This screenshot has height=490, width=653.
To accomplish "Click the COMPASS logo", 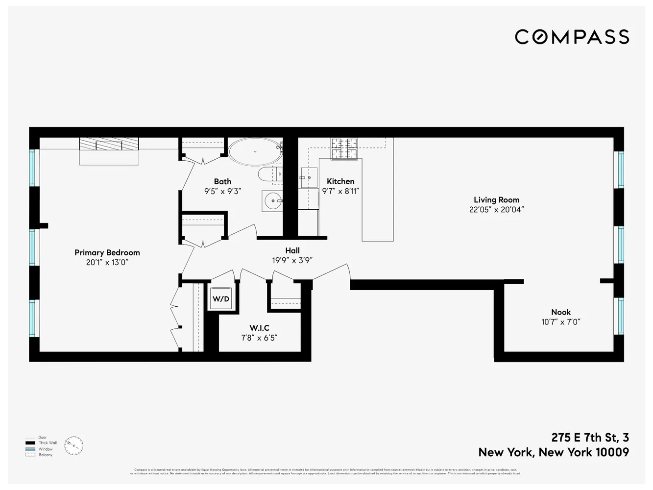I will tap(572, 37).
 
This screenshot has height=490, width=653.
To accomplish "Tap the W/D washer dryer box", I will tap(221, 299).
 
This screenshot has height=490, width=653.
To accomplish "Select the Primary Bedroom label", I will tap(107, 253).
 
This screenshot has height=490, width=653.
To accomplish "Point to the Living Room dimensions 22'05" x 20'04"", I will tap(496, 210).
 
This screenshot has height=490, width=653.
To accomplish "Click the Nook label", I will tap(561, 312).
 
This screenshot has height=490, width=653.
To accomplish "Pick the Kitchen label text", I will tap(340, 181).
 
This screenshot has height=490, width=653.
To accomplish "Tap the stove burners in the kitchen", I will tap(344, 148).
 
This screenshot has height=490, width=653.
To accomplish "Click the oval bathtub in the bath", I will tap(255, 151).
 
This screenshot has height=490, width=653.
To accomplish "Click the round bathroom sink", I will tap(272, 201).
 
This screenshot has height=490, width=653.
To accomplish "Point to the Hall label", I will tap(292, 250).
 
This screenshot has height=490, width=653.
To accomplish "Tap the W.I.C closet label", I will tap(259, 328).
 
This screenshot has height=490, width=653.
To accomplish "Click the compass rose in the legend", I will tap(73, 446).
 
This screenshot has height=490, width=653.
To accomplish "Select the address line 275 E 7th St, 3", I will tap(590, 438).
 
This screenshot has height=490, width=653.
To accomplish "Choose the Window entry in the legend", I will tap(46, 449).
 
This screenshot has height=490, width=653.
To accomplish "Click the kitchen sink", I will tap(309, 177).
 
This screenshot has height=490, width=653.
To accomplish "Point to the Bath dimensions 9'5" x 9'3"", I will tap(222, 192).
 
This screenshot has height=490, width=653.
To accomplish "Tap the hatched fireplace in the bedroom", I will tap(109, 144).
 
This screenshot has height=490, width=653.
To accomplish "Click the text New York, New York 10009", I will tap(554, 452).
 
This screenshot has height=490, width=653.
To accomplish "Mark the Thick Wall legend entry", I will tap(48, 443).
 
